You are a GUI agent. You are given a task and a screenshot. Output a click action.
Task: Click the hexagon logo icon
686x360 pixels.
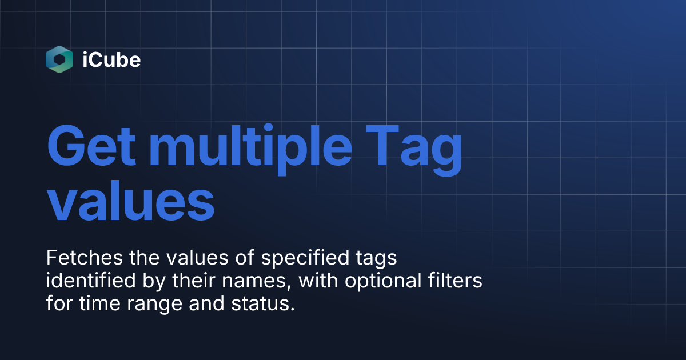coord(59,59)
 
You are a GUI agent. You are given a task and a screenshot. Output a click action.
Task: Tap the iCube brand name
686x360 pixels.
coord(111,59)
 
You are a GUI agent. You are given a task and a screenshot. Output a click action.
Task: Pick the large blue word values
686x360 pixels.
coord(130,201)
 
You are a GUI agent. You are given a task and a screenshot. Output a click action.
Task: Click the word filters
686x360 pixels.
coord(458,281)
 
